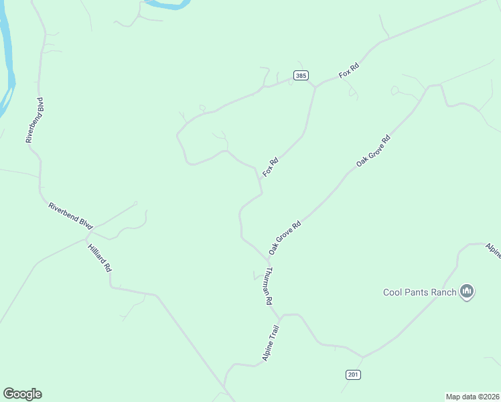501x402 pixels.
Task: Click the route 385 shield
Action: pos(301,76)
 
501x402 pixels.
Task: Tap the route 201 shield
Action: pos(353,374)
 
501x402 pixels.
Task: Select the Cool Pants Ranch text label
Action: pos(419,291)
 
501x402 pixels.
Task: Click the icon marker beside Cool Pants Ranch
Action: pos(468,291)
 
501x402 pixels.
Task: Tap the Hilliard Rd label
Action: pos(100,258)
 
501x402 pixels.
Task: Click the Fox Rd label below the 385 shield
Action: pos(271,167)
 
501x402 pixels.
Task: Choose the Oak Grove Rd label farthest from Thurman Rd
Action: pos(373,150)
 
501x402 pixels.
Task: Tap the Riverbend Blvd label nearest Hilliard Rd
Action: pos(70,216)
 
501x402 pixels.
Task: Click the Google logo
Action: pos(22,394)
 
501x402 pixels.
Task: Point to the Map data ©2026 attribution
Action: pos(472,396)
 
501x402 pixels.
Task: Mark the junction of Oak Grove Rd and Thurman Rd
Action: pos(269,260)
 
